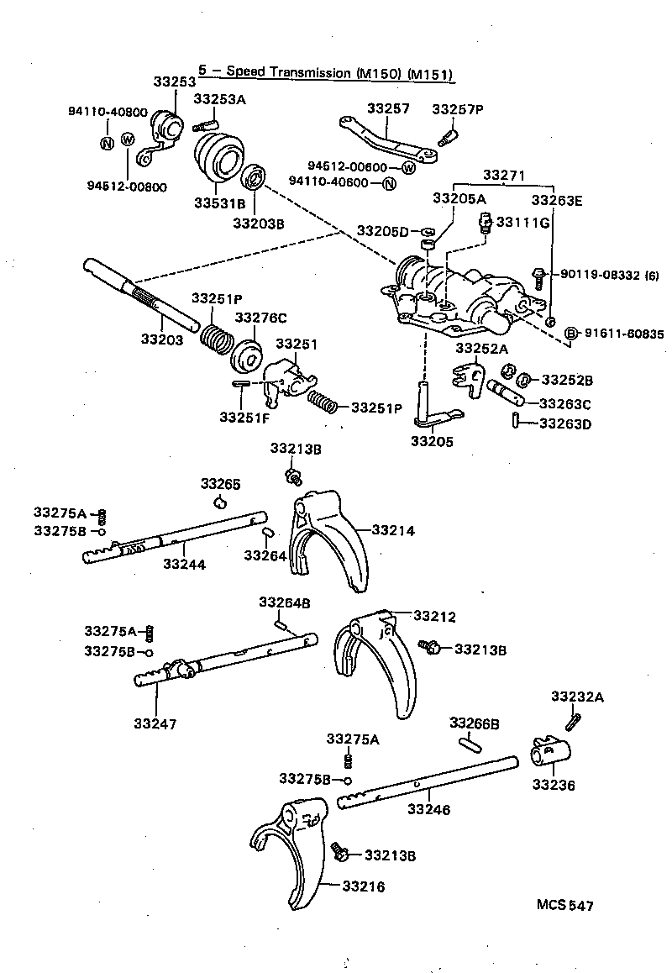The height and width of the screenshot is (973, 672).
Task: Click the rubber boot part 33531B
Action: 217,160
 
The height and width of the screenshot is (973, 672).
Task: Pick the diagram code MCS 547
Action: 565,905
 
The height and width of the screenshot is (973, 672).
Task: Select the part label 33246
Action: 430,810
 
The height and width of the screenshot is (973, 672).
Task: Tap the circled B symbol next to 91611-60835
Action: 571,334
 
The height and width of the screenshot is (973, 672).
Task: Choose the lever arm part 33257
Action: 387,140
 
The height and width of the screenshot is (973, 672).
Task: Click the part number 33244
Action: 185,565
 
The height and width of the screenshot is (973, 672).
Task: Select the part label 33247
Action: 155,722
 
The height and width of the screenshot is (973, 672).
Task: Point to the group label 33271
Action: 502,175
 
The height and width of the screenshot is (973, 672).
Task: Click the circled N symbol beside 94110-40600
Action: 388,183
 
